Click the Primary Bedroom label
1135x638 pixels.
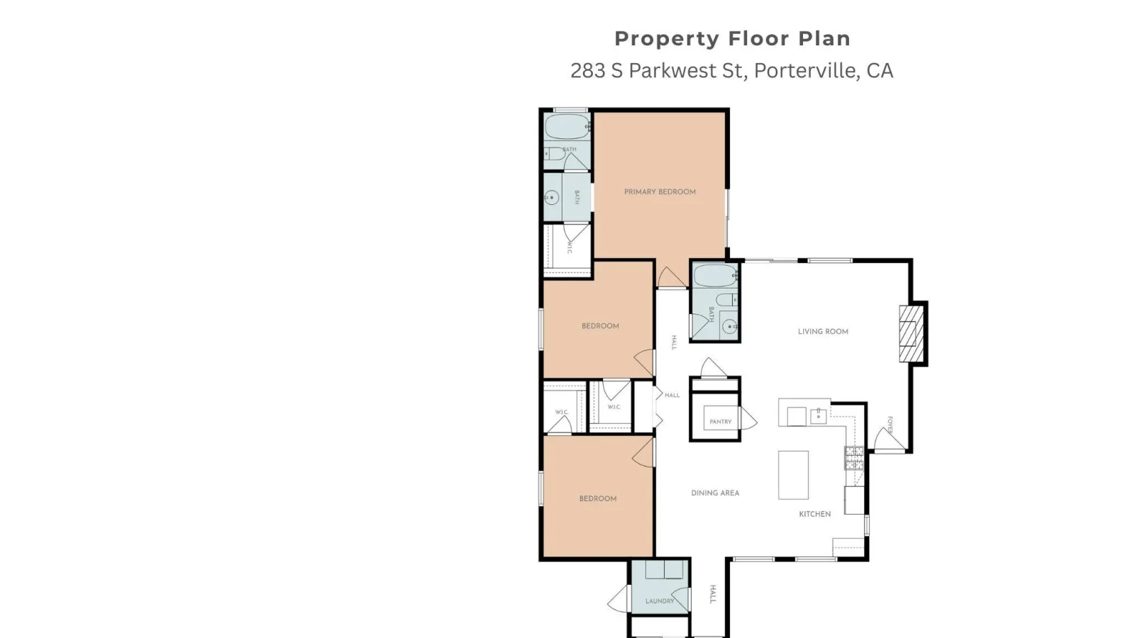coord(660,192)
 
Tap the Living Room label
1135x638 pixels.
coord(823,332)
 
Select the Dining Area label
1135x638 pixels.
coord(715,493)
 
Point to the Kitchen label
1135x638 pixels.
coord(815,514)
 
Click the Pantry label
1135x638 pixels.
coord(721,421)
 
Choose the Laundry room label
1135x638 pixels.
coord(660,601)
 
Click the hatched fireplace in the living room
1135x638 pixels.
coord(911,334)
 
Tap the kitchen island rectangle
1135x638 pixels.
coord(794,475)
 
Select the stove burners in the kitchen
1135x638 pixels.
coord(854,458)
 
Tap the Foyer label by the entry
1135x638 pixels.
coord(890,425)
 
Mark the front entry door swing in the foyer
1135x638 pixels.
coord(888,439)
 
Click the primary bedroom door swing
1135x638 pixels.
coord(671,277)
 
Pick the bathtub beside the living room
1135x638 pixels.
coord(716,276)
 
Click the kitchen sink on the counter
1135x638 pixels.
coord(819,415)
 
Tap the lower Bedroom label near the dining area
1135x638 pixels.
coord(598,499)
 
